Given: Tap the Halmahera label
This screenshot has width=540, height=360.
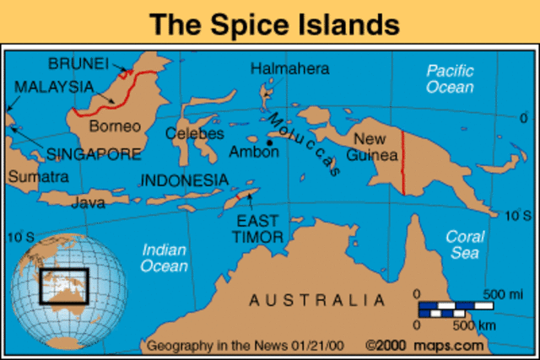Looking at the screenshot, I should [x=290, y=68].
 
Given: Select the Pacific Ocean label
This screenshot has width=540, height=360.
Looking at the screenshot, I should [x=450, y=78].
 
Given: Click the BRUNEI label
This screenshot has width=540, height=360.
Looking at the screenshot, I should [x=78, y=63].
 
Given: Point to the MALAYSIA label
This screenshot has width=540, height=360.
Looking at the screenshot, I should [x=53, y=87].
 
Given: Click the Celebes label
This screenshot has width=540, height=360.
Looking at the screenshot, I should [x=195, y=133].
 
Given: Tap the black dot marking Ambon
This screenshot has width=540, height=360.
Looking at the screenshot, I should [x=270, y=143].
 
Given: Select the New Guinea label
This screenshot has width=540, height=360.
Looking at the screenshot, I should [x=375, y=147].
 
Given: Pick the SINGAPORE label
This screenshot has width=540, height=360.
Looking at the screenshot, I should [x=94, y=154].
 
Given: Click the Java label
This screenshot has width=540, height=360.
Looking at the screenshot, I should [x=89, y=202].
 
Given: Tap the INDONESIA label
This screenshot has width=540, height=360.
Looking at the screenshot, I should [x=184, y=180].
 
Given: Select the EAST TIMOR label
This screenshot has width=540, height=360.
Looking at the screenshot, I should [x=257, y=228].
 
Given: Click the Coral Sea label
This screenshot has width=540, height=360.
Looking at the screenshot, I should [x=465, y=244].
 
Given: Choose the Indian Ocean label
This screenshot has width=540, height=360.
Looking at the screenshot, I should [x=165, y=257].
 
